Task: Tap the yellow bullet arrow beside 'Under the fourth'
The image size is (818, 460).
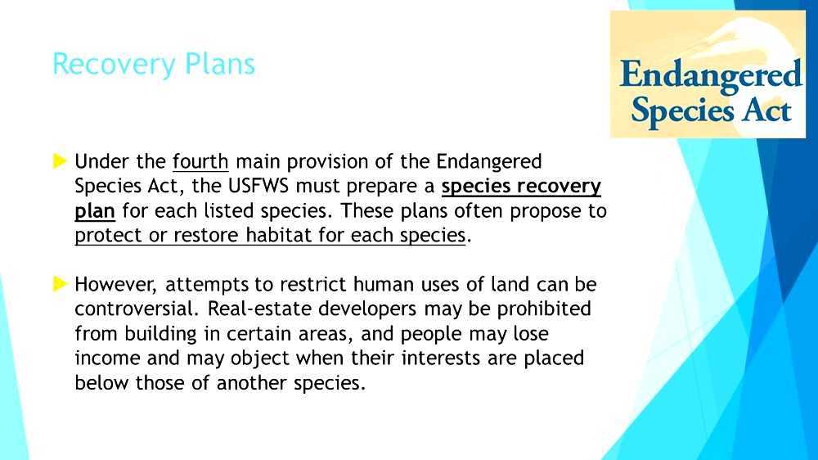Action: click(60, 161)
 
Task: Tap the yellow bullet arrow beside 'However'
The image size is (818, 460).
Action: click(60, 284)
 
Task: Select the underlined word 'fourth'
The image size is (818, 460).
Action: click(200, 161)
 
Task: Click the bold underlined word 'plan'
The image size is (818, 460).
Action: click(94, 212)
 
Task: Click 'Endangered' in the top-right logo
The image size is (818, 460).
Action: click(710, 74)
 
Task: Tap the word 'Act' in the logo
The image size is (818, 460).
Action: click(766, 110)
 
